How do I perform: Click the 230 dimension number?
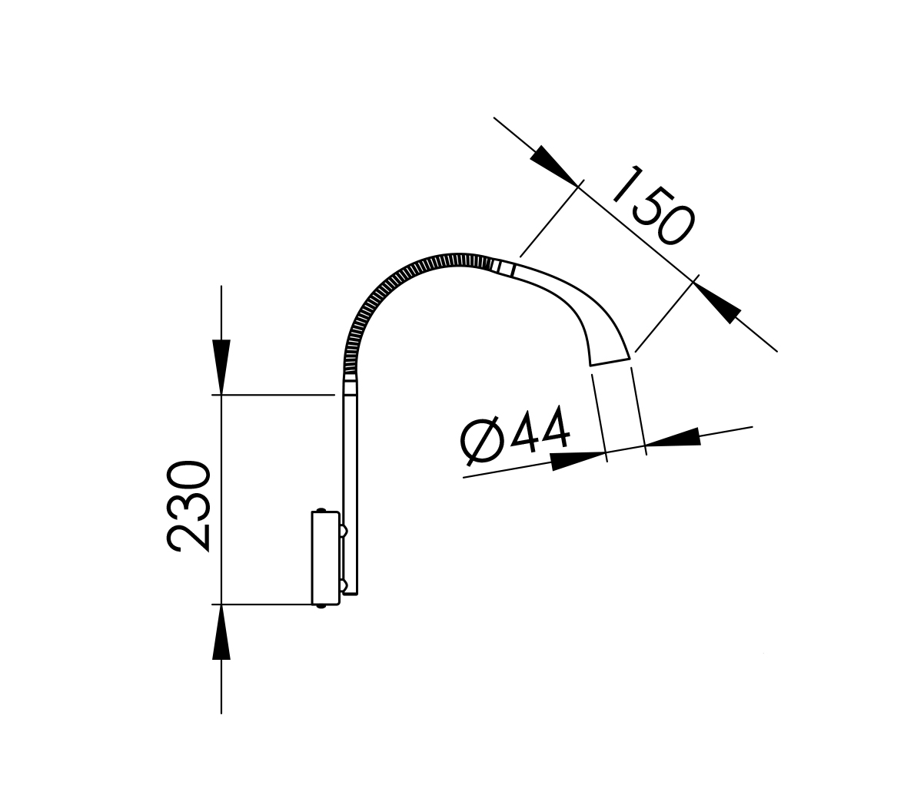188,505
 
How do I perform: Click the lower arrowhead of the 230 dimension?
221,632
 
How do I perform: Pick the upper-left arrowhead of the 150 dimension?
556,165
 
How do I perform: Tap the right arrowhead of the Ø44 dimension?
673,437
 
